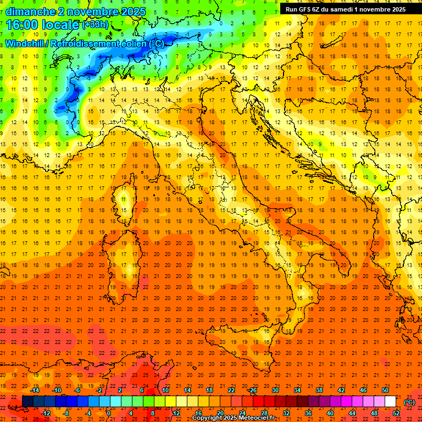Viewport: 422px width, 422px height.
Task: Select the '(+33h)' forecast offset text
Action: (95, 25)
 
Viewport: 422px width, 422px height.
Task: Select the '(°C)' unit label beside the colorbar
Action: (409, 402)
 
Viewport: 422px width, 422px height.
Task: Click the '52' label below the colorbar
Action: (396, 413)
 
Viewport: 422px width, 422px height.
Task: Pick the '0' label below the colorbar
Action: (109, 413)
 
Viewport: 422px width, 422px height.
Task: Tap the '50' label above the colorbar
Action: (385, 390)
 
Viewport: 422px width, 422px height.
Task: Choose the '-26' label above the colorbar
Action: (252, 390)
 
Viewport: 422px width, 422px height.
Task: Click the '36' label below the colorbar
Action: (308, 413)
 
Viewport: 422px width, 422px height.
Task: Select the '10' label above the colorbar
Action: (165, 390)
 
